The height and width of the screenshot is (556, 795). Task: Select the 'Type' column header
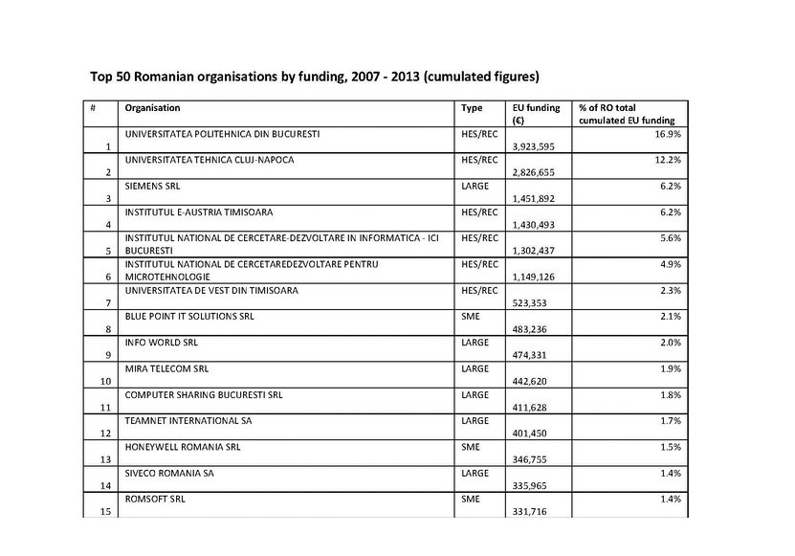472,108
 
